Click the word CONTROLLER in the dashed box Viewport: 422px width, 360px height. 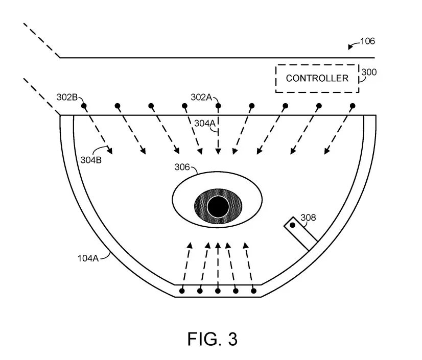coord(317,78)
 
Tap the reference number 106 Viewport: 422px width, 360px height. coord(367,41)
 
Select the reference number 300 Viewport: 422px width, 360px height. coord(369,72)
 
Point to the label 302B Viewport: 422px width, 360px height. coord(67,97)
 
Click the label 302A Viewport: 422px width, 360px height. coord(201,97)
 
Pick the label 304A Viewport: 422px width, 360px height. coord(205,123)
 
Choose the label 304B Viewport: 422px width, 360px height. coord(91,160)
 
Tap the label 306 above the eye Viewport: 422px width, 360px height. coord(182,167)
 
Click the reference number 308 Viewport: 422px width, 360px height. coord(308,218)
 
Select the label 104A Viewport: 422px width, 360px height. coord(88,258)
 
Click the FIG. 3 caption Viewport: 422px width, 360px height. coord(213,339)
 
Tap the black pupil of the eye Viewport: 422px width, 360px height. coord(218,207)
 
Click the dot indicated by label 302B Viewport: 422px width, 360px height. coord(84,106)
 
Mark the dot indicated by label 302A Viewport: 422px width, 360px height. coord(218,106)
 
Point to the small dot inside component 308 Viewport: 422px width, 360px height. coord(293,225)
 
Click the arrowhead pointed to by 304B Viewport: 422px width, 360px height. coord(109,151)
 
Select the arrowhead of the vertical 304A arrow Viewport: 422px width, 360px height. coord(218,151)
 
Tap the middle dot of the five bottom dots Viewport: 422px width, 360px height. coord(218,291)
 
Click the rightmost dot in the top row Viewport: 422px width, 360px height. coord(353,106)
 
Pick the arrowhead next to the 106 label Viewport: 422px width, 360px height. coord(350,47)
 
